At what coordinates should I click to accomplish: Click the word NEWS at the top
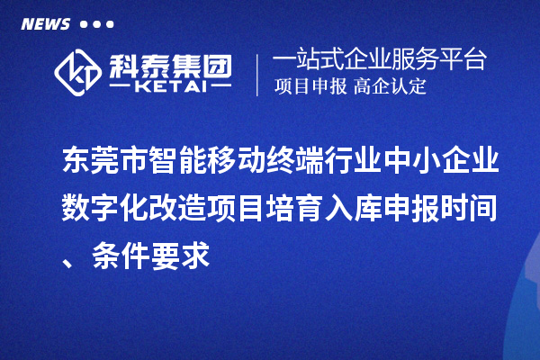click(45, 24)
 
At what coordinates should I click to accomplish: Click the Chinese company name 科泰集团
click(169, 63)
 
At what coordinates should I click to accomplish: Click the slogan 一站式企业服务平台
click(380, 60)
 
